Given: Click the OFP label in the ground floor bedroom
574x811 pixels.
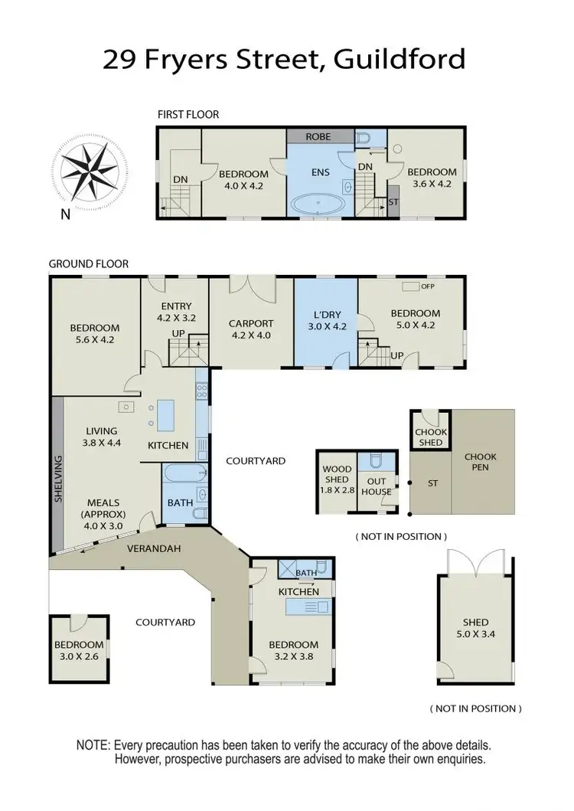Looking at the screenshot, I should (x=427, y=286).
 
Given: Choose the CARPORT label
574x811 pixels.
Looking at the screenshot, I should (x=251, y=324).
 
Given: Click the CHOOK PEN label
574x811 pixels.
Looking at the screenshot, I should (x=481, y=462).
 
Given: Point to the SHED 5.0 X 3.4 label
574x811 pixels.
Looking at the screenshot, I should (x=475, y=628).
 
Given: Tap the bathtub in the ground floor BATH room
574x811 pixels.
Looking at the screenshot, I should (x=184, y=472).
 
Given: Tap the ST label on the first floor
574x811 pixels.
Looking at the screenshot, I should (x=393, y=202).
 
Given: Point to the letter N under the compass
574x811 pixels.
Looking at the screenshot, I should (x=66, y=215).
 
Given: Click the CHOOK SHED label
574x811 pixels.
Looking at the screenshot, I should (x=430, y=437).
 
